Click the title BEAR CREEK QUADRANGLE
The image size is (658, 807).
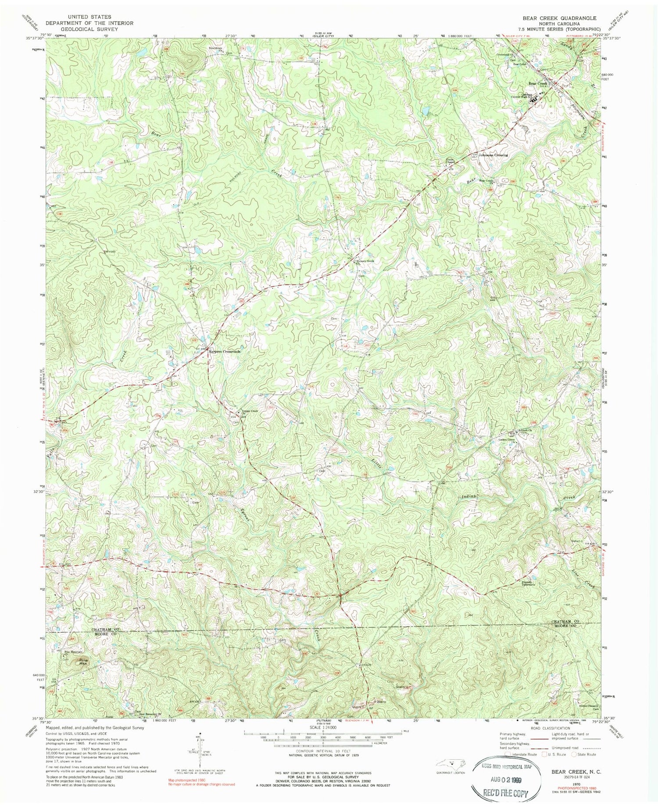(x=559, y=18)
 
